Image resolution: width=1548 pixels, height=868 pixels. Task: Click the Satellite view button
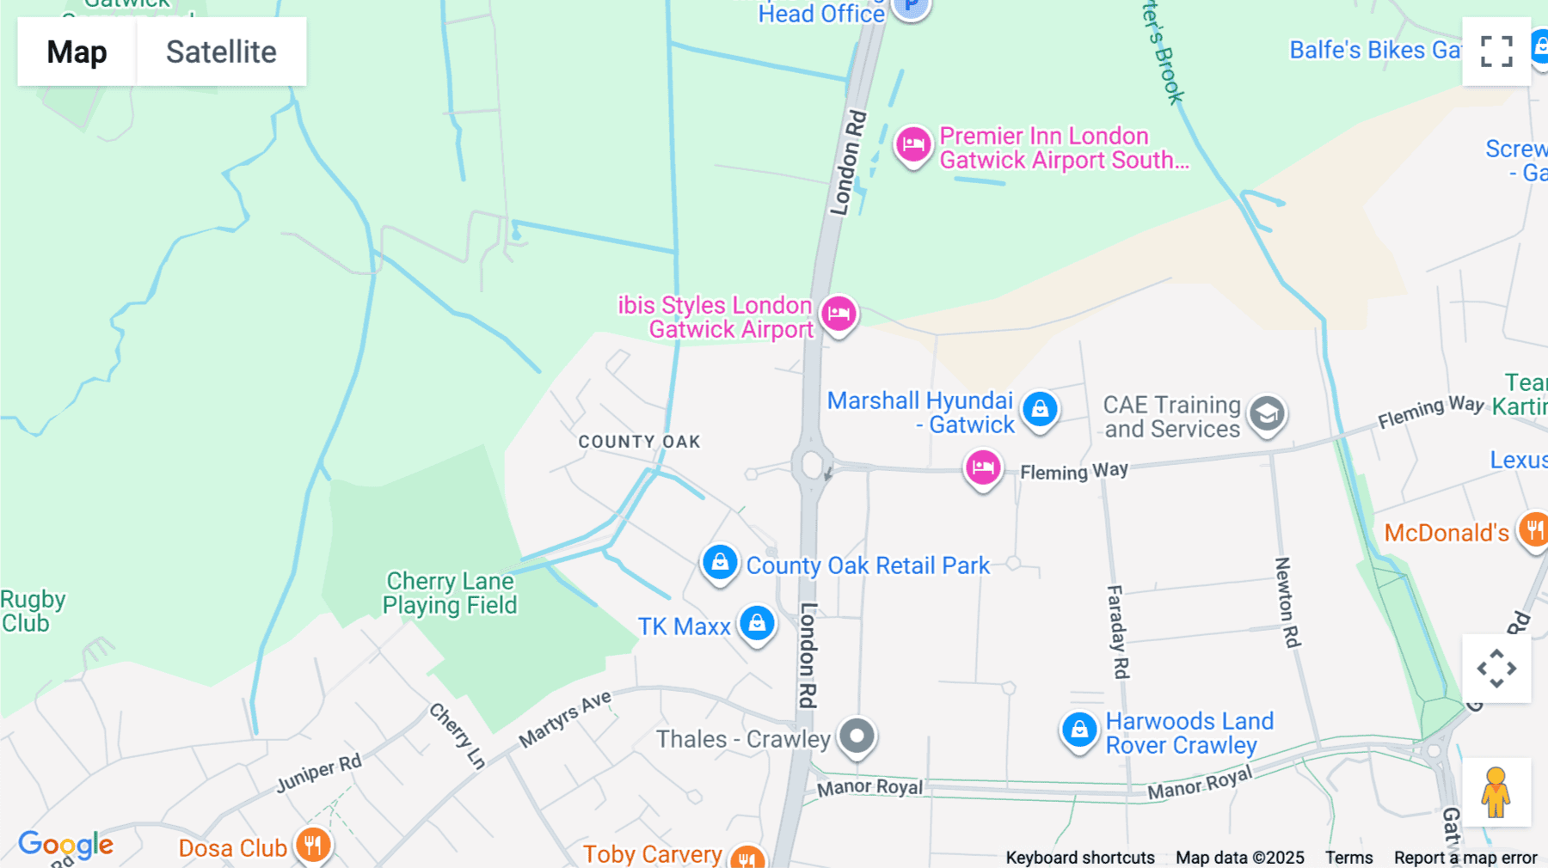pyautogui.click(x=221, y=52)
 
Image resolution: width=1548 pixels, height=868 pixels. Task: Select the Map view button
pyautogui.click(x=77, y=52)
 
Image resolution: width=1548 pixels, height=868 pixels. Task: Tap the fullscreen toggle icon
pyautogui.click(x=1496, y=52)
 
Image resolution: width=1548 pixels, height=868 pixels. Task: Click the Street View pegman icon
pyautogui.click(x=1496, y=792)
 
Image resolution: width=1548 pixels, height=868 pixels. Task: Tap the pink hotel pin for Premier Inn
pyautogui.click(x=912, y=144)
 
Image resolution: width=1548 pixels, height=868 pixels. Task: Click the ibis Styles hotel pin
pyautogui.click(x=838, y=314)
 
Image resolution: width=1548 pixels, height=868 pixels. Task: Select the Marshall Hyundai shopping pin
pyautogui.click(x=1040, y=409)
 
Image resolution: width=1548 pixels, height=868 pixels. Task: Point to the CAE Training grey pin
pyautogui.click(x=1267, y=414)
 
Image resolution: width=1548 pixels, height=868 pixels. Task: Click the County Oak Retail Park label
pyautogui.click(x=867, y=565)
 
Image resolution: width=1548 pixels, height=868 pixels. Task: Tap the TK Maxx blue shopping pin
pyautogui.click(x=757, y=623)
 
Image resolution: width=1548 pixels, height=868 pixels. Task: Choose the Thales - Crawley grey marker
pyautogui.click(x=857, y=736)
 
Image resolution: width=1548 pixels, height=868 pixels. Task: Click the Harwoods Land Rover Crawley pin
pyautogui.click(x=1078, y=730)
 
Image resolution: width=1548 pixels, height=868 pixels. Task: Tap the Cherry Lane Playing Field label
pyautogui.click(x=450, y=593)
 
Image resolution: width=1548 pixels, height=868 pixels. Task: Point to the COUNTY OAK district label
pyautogui.click(x=639, y=442)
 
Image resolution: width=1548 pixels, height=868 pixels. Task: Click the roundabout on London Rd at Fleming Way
pyautogui.click(x=812, y=465)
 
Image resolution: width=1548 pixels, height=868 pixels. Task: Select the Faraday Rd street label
pyautogui.click(x=1117, y=632)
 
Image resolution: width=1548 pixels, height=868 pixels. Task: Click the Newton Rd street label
pyautogui.click(x=1287, y=602)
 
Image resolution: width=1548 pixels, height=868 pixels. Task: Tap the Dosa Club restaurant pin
pyautogui.click(x=313, y=845)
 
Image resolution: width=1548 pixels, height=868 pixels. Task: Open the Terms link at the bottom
pyautogui.click(x=1348, y=857)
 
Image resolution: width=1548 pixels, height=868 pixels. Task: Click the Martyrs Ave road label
pyautogui.click(x=565, y=718)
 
